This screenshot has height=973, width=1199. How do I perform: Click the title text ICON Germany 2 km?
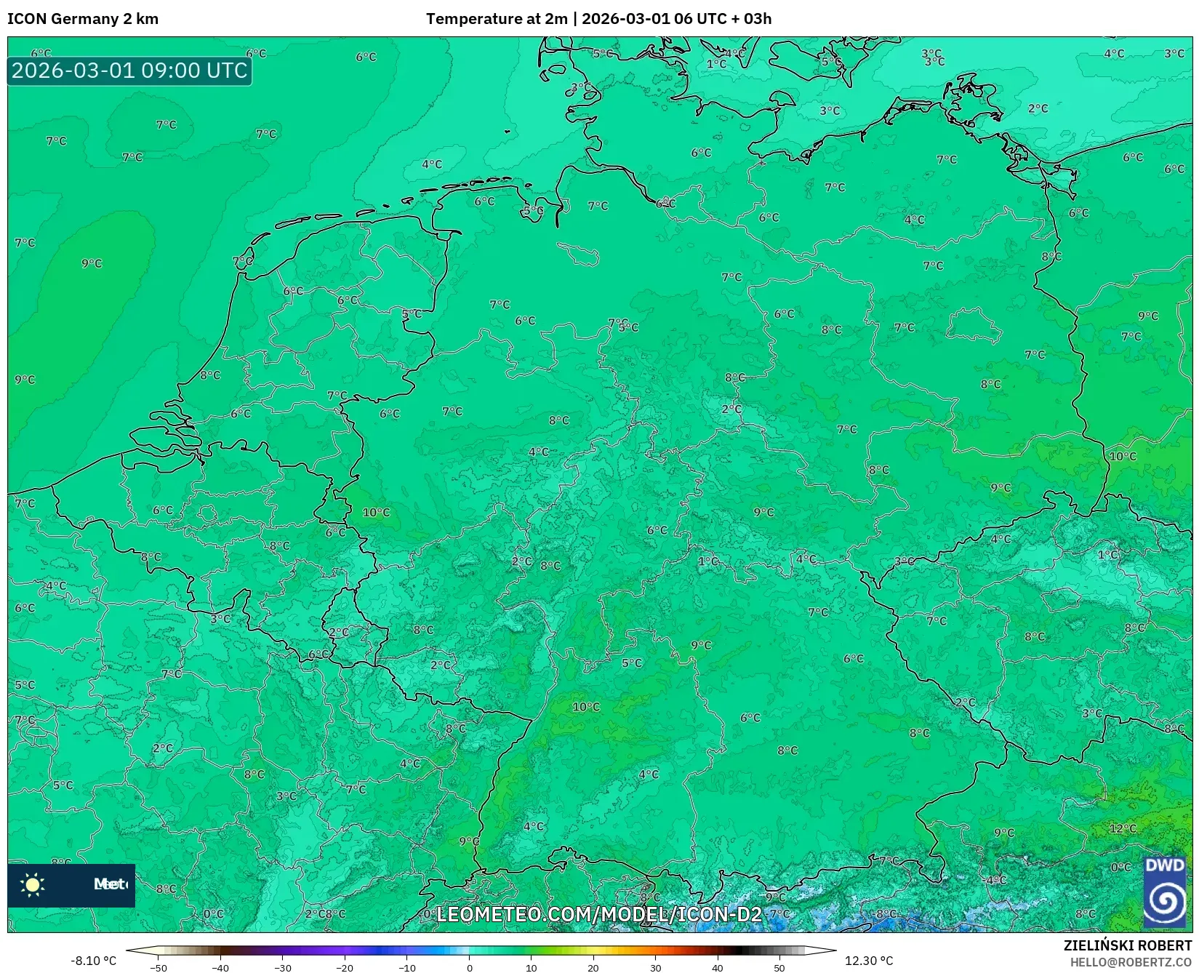(x=83, y=19)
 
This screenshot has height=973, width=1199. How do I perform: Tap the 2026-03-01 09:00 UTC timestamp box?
(x=129, y=71)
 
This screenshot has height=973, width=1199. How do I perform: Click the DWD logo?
(x=1164, y=892)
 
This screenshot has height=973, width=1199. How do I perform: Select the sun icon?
(x=33, y=884)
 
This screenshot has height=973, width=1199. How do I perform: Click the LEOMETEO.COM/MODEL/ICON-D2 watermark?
(x=598, y=914)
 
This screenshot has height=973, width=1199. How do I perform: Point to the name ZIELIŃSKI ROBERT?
(x=1128, y=945)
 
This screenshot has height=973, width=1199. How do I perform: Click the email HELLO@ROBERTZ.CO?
(x=1131, y=962)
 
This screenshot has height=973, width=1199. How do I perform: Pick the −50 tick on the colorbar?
(x=159, y=968)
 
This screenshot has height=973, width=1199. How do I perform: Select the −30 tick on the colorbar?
(x=283, y=968)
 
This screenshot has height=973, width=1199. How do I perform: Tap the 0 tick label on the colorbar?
(x=470, y=968)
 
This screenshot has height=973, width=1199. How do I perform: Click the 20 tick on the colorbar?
(x=593, y=968)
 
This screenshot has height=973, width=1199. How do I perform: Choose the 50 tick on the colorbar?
(x=779, y=968)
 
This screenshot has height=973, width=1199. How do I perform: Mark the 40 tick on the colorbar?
(x=718, y=968)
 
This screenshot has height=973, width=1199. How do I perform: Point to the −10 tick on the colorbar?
(x=407, y=968)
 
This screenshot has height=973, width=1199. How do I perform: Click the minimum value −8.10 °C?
(x=93, y=961)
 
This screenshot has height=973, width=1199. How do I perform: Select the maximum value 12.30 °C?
(x=869, y=961)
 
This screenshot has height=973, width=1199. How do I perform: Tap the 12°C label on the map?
(x=1123, y=828)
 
